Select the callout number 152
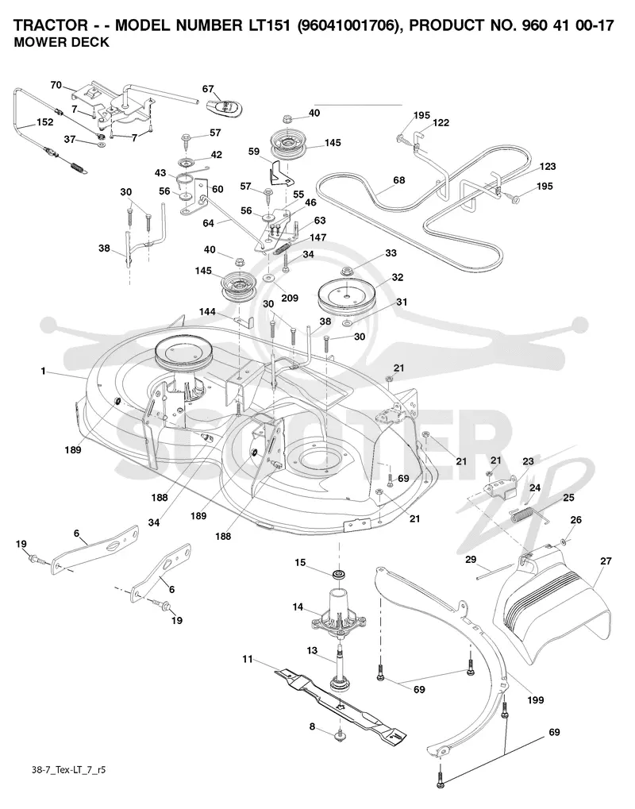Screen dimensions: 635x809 44,122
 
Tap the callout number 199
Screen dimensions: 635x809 535,700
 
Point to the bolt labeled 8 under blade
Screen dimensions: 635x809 340,734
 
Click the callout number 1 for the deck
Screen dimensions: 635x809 44,371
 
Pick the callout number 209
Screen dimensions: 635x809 290,298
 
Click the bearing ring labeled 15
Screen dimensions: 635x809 339,574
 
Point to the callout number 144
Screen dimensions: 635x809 207,312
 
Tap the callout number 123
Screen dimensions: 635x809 548,166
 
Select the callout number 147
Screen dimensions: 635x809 317,237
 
